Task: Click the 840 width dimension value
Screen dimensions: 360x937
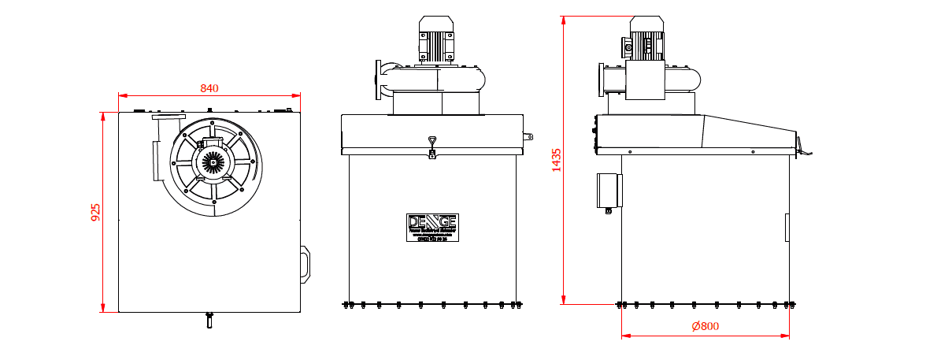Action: pyautogui.click(x=209, y=88)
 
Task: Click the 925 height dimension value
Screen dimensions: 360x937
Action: pyautogui.click(x=96, y=212)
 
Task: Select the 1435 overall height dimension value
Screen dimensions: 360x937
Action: pyautogui.click(x=557, y=160)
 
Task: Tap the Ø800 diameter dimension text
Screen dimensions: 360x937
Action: pyautogui.click(x=705, y=326)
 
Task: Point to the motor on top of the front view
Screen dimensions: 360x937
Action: pyautogui.click(x=437, y=39)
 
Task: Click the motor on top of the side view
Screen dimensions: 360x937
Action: pyautogui.click(x=646, y=39)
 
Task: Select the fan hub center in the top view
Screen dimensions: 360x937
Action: pyautogui.click(x=213, y=161)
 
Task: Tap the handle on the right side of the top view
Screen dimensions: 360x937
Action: pyautogui.click(x=305, y=264)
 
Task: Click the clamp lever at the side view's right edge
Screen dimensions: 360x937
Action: pyautogui.click(x=803, y=147)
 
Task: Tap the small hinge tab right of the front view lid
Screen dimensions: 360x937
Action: pyautogui.click(x=528, y=135)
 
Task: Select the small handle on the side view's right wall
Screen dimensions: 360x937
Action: pyautogui.click(x=787, y=227)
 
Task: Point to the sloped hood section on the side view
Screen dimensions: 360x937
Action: pyautogui.click(x=748, y=132)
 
